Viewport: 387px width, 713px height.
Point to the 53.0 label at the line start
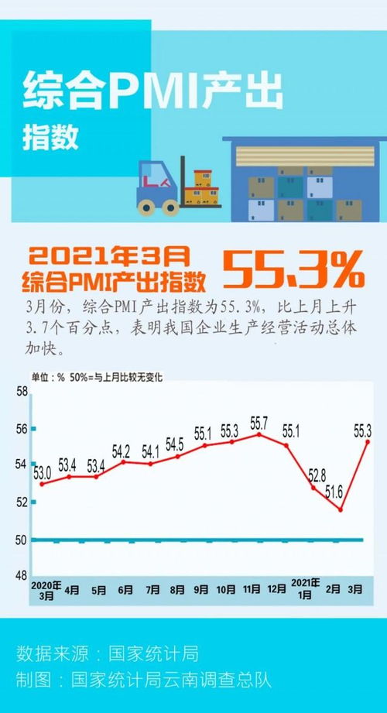tap(42, 471)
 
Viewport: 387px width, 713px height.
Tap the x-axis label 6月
tap(125, 590)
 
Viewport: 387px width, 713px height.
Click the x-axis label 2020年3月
tap(45, 590)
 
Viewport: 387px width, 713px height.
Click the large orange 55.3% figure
tap(293, 269)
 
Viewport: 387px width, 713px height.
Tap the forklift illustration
tap(166, 187)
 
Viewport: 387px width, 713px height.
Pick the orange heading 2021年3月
tap(109, 254)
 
